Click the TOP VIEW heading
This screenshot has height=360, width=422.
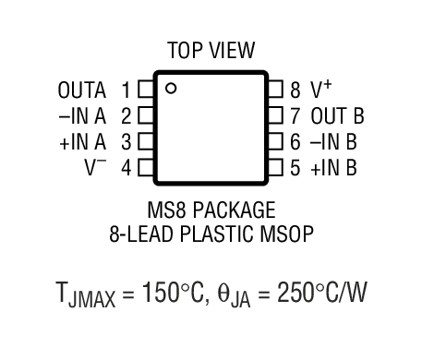(211, 50)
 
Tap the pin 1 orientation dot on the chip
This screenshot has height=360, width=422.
(171, 89)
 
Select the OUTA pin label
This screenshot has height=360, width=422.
(82, 90)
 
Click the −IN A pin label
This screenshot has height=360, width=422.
(82, 116)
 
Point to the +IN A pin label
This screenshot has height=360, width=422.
(82, 142)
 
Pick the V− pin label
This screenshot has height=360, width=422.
(96, 168)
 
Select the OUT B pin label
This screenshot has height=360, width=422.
(337, 116)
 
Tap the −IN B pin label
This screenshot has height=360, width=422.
(333, 142)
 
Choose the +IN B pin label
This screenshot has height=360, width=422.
(333, 168)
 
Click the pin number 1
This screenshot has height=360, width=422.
(126, 90)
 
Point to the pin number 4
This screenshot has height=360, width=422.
(126, 168)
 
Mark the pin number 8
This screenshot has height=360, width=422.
(295, 90)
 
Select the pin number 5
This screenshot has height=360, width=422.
(295, 168)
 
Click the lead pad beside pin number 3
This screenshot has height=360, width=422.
(144, 142)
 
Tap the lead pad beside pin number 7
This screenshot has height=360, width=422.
(275, 116)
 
